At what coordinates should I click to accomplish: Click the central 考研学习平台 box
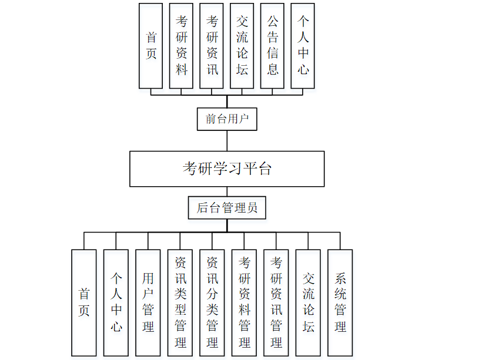pyautogui.click(x=227, y=169)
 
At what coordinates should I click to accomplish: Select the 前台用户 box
pyautogui.click(x=227, y=119)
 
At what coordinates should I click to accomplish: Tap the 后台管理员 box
pyautogui.click(x=227, y=208)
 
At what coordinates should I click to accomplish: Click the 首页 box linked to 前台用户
pyautogui.click(x=151, y=46)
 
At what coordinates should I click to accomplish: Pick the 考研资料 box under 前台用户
pyautogui.click(x=182, y=46)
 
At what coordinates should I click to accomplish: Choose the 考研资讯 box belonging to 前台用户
pyautogui.click(x=212, y=46)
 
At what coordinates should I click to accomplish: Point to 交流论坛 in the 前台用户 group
pyautogui.click(x=242, y=46)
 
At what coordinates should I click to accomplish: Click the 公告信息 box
pyautogui.click(x=273, y=46)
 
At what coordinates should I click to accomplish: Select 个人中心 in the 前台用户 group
pyautogui.click(x=303, y=46)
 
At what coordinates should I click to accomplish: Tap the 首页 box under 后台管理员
pyautogui.click(x=84, y=302)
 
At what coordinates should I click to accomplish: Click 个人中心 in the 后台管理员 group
pyautogui.click(x=116, y=302)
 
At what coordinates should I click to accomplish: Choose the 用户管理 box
pyautogui.click(x=148, y=302)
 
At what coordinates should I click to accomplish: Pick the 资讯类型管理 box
pyautogui.click(x=180, y=302)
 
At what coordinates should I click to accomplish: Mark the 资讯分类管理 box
pyautogui.click(x=212, y=302)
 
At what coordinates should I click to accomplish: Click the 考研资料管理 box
pyautogui.click(x=245, y=302)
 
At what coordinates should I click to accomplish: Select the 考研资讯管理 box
pyautogui.click(x=276, y=302)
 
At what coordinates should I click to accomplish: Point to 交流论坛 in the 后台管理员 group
pyautogui.click(x=309, y=302)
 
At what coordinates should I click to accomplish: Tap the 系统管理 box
pyautogui.click(x=340, y=302)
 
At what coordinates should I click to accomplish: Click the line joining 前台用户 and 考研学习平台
pyautogui.click(x=227, y=141)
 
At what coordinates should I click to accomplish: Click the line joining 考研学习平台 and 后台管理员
pyautogui.click(x=227, y=191)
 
